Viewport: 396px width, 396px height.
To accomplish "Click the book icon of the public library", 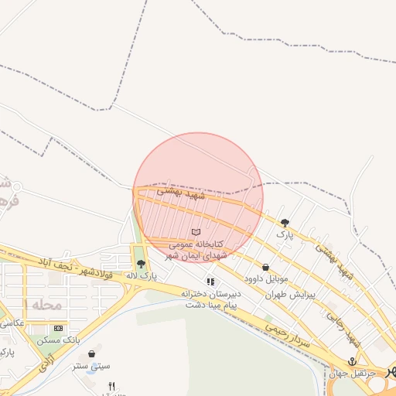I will pyautogui.click(x=196, y=232).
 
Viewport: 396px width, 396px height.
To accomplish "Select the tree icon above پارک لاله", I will pyautogui.click(x=140, y=264).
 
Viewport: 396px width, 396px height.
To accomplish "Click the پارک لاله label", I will pyautogui.click(x=142, y=275).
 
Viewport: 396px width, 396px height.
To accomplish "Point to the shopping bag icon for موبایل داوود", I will pyautogui.click(x=265, y=267).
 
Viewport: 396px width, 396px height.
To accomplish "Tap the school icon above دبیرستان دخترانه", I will pyautogui.click(x=210, y=282).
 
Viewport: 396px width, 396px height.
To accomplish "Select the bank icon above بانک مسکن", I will pyautogui.click(x=60, y=329).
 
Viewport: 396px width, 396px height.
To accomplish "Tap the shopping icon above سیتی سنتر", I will pyautogui.click(x=93, y=354).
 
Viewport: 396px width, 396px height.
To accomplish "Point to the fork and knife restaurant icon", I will pyautogui.click(x=111, y=386).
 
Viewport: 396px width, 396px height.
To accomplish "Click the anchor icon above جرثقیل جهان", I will pyautogui.click(x=352, y=362).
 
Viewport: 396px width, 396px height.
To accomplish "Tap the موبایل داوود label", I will pyautogui.click(x=266, y=278).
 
